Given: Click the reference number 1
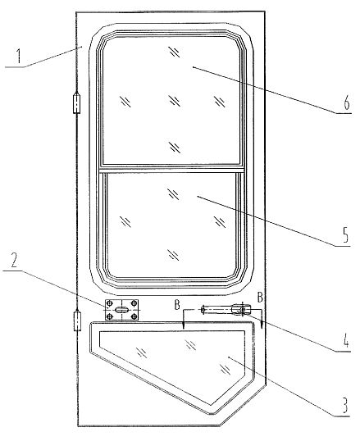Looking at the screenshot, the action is point(19,56).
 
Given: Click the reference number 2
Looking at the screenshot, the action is point(14,260).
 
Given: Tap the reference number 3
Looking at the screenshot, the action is point(344,405).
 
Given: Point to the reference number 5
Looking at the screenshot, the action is point(345,234).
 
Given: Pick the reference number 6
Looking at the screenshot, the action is point(347,102).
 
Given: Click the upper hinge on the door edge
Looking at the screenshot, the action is point(76,103).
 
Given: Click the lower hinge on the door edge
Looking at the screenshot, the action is point(77,320).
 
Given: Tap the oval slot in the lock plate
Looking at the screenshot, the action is point(121,310).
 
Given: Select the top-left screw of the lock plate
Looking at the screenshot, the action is point(110,303).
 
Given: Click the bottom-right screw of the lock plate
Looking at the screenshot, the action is point(134,316).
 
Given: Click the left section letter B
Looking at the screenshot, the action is point(177,305).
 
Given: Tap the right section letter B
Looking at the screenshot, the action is point(260,298).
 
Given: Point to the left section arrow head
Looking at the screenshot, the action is point(184,325).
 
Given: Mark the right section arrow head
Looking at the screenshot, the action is point(262,325).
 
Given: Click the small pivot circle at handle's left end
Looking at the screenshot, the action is point(203,309).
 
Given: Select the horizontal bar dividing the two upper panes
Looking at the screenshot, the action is point(171,170).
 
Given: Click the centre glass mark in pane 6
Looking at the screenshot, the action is point(174,101).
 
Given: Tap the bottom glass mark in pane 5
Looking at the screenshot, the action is point(173,255).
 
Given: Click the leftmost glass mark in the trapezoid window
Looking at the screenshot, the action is point(141,352).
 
